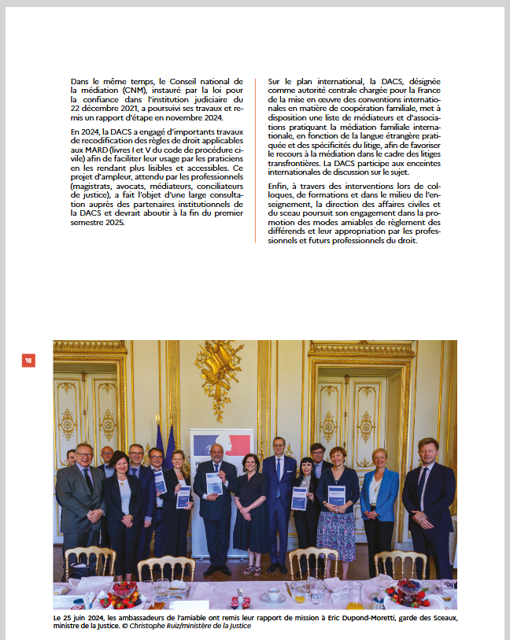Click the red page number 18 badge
pyautogui.click(x=28, y=360)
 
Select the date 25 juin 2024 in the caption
pyautogui.click(x=83, y=619)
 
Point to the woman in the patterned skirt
pyautogui.click(x=336, y=512)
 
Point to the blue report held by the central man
pyautogui.click(x=213, y=484)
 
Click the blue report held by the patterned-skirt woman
pyautogui.click(x=336, y=495)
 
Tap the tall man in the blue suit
pyautogui.click(x=279, y=496)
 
